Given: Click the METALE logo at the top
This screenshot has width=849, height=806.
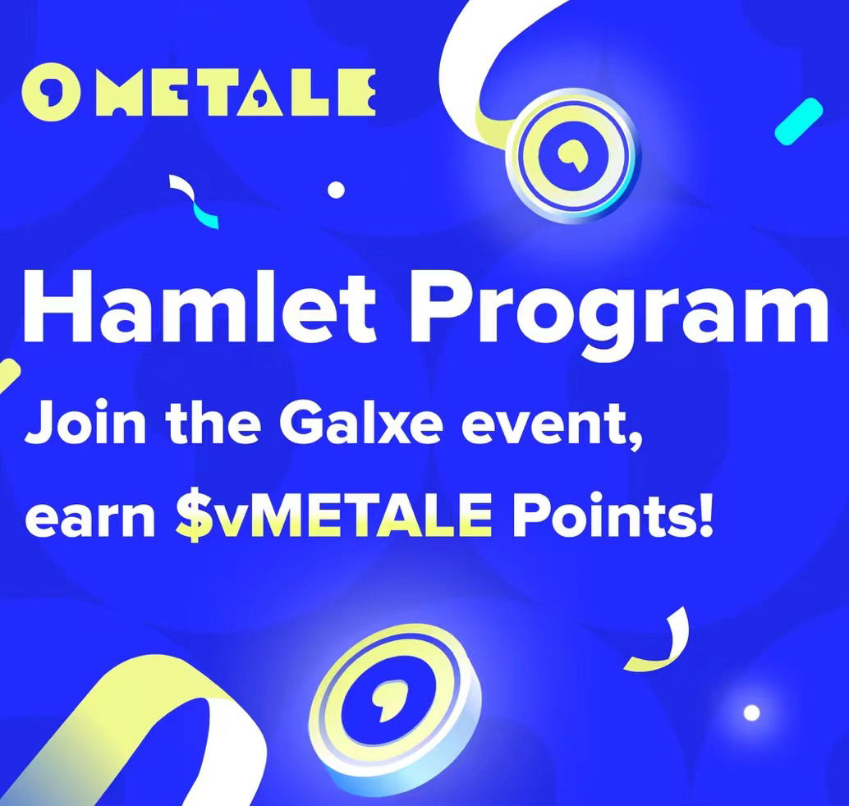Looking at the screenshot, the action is [x=198, y=93].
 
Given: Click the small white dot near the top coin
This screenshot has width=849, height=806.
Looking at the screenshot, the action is [x=337, y=190].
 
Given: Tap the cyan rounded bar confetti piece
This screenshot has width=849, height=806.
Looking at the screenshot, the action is [x=799, y=121].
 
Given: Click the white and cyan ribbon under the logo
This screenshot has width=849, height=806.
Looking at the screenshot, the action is [x=194, y=201].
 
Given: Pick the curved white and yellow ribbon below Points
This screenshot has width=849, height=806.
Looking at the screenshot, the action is [x=662, y=642].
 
